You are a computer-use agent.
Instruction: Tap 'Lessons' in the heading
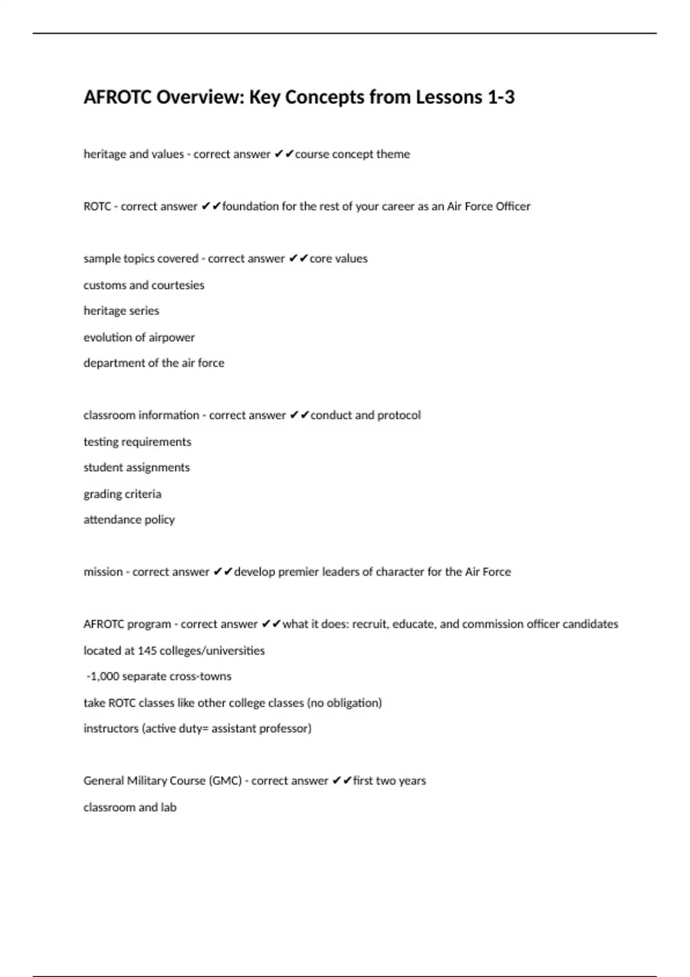tap(449, 97)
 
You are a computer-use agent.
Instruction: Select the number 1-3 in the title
tap(501, 97)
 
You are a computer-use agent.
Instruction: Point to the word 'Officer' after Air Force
tap(511, 206)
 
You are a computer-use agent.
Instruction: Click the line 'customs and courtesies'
tap(144, 285)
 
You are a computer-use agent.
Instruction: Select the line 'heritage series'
tap(121, 311)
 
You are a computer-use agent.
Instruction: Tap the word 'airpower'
tap(172, 337)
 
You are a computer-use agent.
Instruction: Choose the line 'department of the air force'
tap(154, 363)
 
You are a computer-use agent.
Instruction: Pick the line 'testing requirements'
tap(137, 442)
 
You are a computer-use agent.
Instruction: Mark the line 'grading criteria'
tap(122, 494)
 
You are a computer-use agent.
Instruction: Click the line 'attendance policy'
tap(129, 520)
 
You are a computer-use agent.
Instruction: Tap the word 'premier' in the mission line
tap(298, 572)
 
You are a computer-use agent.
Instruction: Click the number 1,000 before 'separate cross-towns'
tap(104, 676)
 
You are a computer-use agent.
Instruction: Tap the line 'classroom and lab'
tap(130, 807)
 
